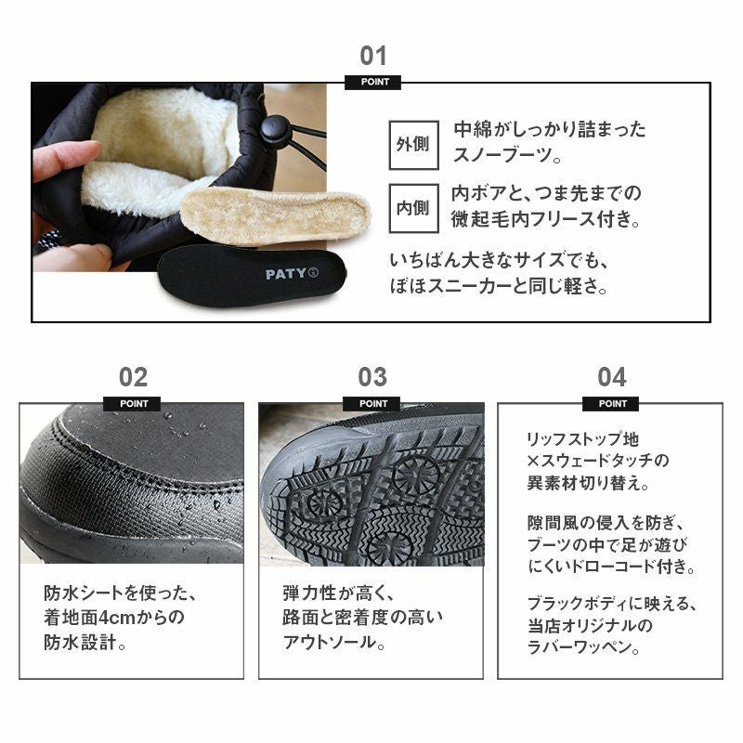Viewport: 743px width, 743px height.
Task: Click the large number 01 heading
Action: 373,56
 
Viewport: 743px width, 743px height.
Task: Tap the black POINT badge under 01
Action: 373,82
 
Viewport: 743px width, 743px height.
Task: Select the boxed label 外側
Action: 413,145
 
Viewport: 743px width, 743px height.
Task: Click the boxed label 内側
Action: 413,208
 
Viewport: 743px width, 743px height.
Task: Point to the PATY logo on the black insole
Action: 292,274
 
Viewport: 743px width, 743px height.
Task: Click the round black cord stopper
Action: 272,128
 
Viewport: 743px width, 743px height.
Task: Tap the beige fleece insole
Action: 275,216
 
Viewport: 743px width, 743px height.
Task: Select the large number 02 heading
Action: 133,377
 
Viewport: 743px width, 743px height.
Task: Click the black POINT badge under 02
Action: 132,404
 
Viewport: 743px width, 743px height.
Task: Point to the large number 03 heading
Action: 372,377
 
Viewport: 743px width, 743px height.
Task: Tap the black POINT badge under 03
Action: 372,404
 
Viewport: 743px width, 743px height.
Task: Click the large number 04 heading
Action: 612,377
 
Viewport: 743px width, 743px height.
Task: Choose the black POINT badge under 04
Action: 611,404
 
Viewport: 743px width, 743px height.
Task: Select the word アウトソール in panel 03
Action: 330,642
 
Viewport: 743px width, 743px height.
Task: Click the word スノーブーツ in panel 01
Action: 502,154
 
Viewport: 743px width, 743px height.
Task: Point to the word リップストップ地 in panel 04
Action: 583,439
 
